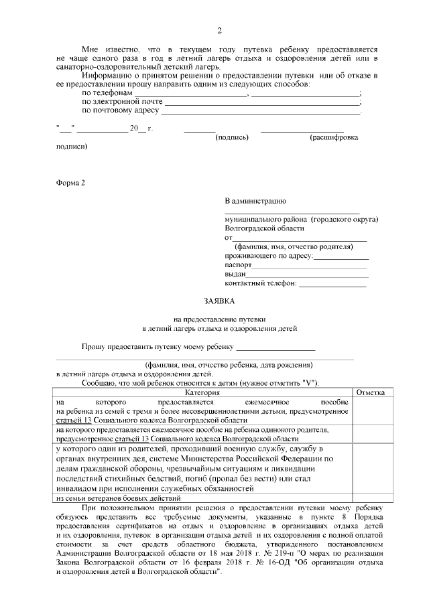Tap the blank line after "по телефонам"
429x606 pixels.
point(191,94)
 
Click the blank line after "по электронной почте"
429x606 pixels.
point(261,103)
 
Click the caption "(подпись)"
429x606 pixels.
point(232,137)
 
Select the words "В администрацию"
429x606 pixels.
point(255,200)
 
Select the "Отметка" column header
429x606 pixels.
point(369,391)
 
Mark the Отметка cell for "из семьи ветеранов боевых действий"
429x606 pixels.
point(369,498)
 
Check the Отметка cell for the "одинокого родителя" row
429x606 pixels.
point(369,433)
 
